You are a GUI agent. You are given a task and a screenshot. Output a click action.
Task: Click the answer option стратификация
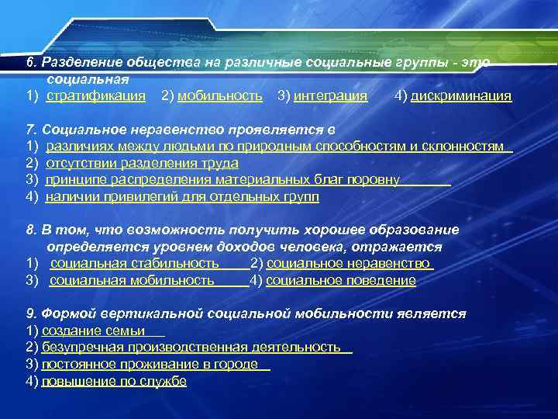tap(96, 96)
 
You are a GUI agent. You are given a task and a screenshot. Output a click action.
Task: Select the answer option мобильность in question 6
tap(220, 96)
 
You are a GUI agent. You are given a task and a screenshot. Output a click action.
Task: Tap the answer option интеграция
tap(331, 96)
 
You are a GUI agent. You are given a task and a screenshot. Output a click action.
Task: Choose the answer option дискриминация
tap(461, 96)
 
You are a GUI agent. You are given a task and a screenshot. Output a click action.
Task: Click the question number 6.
tap(31, 61)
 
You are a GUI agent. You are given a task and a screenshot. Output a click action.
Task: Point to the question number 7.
tap(31, 129)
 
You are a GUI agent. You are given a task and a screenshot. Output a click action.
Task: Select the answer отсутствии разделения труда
tap(142, 163)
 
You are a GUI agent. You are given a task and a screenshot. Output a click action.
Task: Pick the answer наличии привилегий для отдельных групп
tap(182, 197)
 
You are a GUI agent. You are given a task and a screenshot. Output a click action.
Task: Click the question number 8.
tap(31, 230)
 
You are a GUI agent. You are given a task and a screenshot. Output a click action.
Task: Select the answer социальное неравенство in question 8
tap(348, 264)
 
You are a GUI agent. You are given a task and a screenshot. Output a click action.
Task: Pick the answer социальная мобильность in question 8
tap(132, 281)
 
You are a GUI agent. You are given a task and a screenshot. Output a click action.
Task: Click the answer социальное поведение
tap(341, 281)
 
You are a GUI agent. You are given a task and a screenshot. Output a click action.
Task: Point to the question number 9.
tap(31, 314)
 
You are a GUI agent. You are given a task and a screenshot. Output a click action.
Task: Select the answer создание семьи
tap(93, 331)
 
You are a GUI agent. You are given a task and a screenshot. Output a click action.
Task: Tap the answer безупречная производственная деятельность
tap(191, 348)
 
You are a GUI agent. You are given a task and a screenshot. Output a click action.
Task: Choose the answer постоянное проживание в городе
tap(150, 365)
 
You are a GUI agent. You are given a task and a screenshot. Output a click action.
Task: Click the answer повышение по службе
tap(114, 382)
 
